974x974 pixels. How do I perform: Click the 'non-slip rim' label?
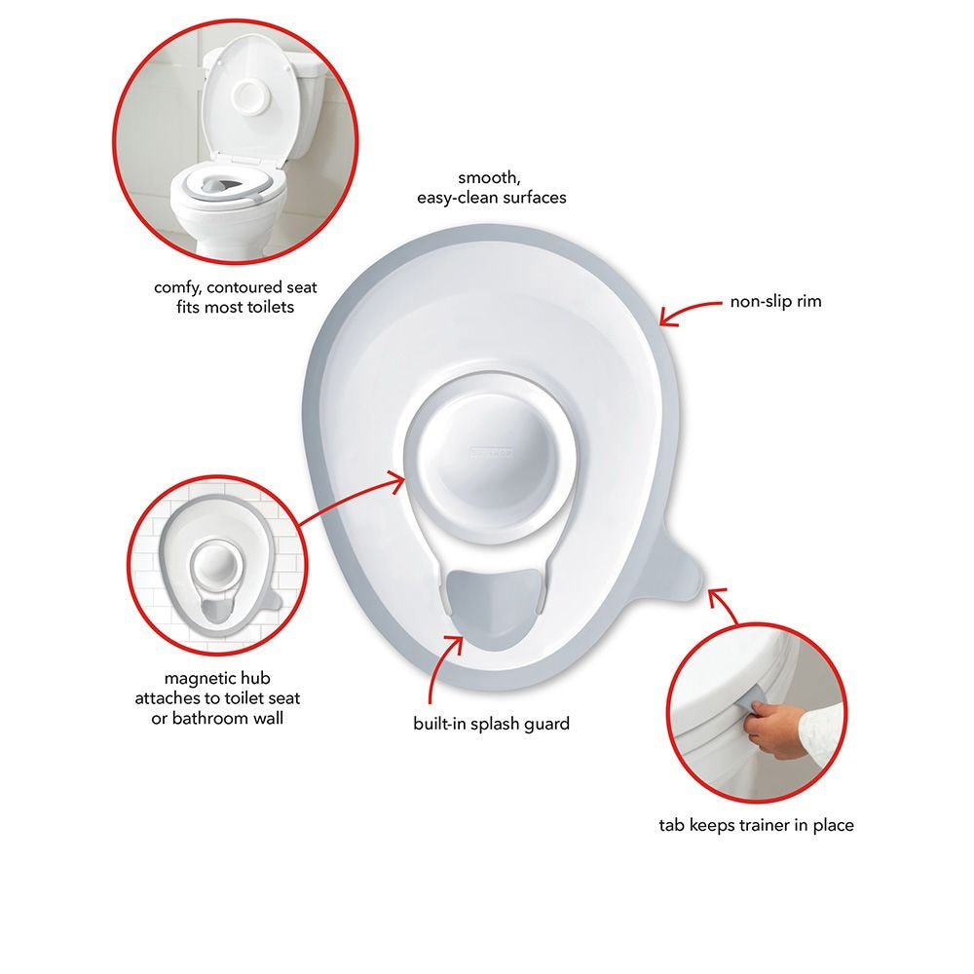775,302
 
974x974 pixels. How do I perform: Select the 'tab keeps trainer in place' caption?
756,825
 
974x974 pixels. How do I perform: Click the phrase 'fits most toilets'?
235,307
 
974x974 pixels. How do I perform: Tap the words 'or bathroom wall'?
217,717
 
